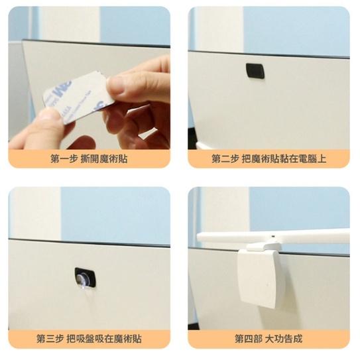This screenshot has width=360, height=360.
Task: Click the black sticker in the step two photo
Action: coord(255,71)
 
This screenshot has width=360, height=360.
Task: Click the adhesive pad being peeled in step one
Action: coord(76,98)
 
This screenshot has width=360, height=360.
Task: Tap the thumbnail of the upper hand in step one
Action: coord(119,86)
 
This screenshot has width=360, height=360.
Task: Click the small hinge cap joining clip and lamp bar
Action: coord(263,247)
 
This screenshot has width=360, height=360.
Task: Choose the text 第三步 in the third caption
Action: coord(50,339)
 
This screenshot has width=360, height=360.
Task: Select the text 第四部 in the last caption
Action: coord(248,339)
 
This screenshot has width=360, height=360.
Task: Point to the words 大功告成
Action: coord(284,339)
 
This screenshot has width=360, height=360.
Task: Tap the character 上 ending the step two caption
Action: coord(322,159)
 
